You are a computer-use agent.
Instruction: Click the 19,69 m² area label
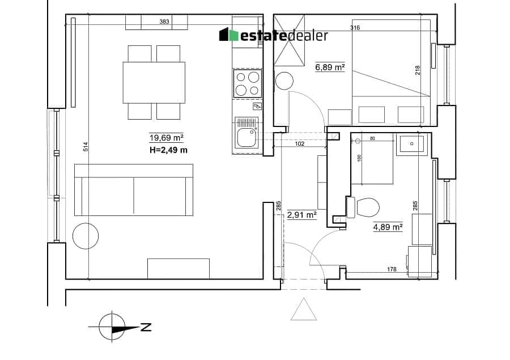point(166,138)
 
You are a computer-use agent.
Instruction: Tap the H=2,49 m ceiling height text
point(168,150)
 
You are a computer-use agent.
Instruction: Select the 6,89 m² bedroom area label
point(330,67)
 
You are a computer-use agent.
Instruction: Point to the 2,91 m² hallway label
point(302,215)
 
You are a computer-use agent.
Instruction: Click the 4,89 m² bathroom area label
point(388,227)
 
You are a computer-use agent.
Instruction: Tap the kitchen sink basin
point(246,137)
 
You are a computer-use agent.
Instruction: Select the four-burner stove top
point(247,83)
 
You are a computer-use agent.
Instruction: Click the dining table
point(154,83)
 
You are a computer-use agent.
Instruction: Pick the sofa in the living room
point(134,190)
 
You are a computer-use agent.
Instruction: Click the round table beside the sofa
point(86,236)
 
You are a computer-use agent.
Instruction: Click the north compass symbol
point(112,327)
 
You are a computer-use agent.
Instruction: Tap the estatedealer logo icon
point(229,35)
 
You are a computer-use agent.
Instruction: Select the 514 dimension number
point(86,147)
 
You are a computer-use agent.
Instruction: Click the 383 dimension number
point(164,22)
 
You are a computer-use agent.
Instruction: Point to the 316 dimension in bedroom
point(355,28)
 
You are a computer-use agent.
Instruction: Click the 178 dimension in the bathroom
point(392,269)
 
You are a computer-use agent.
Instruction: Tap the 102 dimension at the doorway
point(299,143)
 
